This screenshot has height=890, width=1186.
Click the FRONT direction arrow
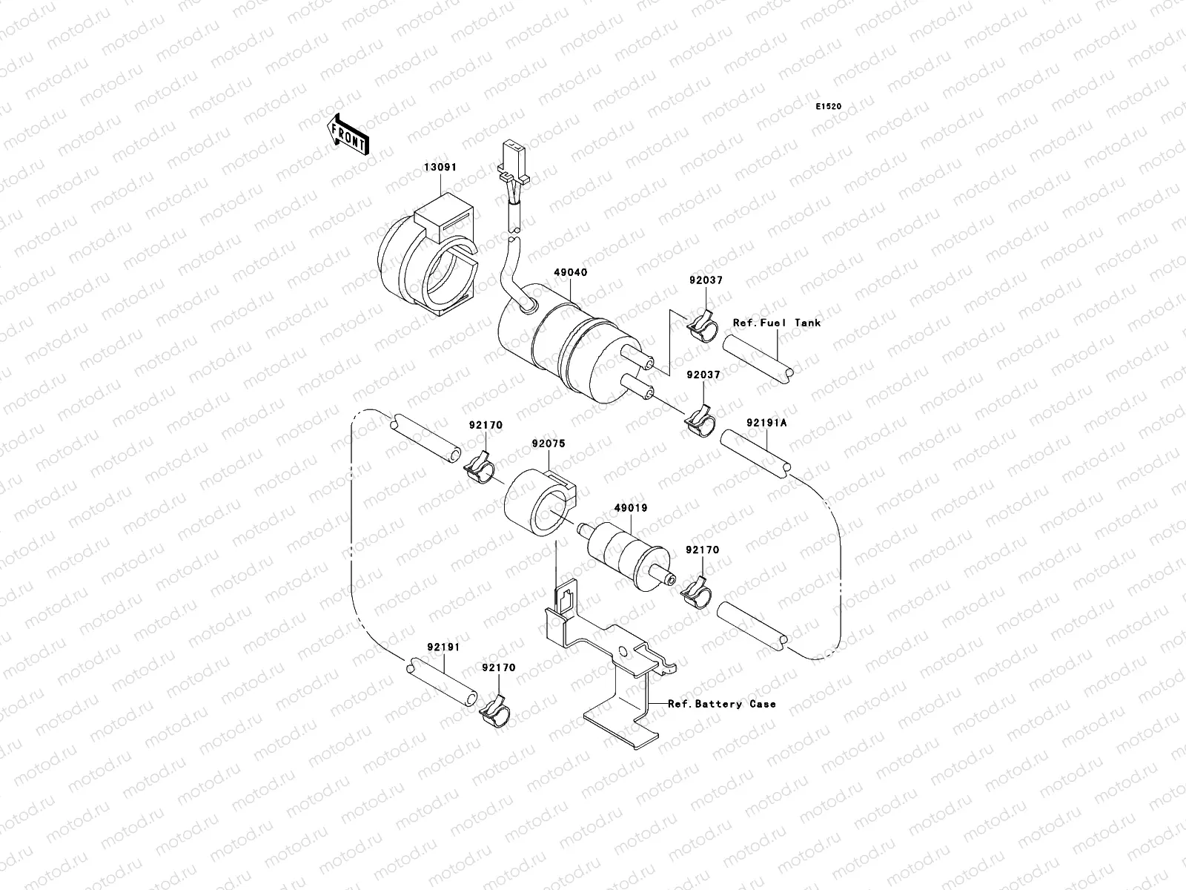tap(348, 134)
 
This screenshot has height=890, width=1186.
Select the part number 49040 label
tap(570, 273)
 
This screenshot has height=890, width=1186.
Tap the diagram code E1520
tap(829, 107)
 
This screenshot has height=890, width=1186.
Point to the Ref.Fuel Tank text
tap(777, 323)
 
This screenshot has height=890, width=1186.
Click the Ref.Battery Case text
tap(722, 703)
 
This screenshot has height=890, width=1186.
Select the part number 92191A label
tap(766, 423)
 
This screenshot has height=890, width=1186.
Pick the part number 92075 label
tap(548, 444)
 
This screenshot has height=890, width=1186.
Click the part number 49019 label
tap(630, 509)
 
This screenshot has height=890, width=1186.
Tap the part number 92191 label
tap(443, 647)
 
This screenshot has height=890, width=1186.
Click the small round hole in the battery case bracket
tap(624, 652)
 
